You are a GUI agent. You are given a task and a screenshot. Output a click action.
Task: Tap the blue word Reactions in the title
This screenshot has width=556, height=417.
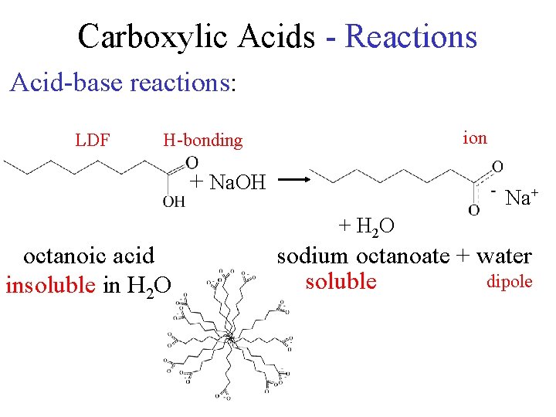411,36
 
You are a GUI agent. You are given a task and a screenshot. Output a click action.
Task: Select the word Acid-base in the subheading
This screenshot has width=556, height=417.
66,82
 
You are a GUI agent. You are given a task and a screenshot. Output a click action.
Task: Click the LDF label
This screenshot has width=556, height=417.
92,140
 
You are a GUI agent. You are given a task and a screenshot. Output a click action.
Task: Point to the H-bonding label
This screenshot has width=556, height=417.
202,140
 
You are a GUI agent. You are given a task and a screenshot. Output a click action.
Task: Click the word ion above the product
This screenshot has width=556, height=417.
474,137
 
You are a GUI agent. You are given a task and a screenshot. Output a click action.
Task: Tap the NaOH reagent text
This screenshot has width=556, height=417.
237,183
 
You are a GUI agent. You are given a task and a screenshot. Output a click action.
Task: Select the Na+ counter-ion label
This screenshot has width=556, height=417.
521,198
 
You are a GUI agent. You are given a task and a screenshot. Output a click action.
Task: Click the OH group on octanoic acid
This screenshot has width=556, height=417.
174,202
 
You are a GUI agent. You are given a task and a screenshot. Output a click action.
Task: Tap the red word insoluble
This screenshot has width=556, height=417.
49,285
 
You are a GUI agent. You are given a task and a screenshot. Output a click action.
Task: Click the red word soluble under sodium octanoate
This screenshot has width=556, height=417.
341,280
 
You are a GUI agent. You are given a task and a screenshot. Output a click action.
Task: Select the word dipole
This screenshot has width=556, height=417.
509,281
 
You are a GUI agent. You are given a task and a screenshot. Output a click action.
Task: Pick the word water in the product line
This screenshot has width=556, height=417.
503,256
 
